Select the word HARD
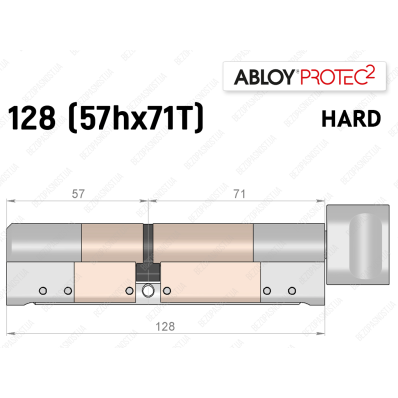point(352,118)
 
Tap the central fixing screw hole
point(147,292)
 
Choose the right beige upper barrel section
point(204,243)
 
